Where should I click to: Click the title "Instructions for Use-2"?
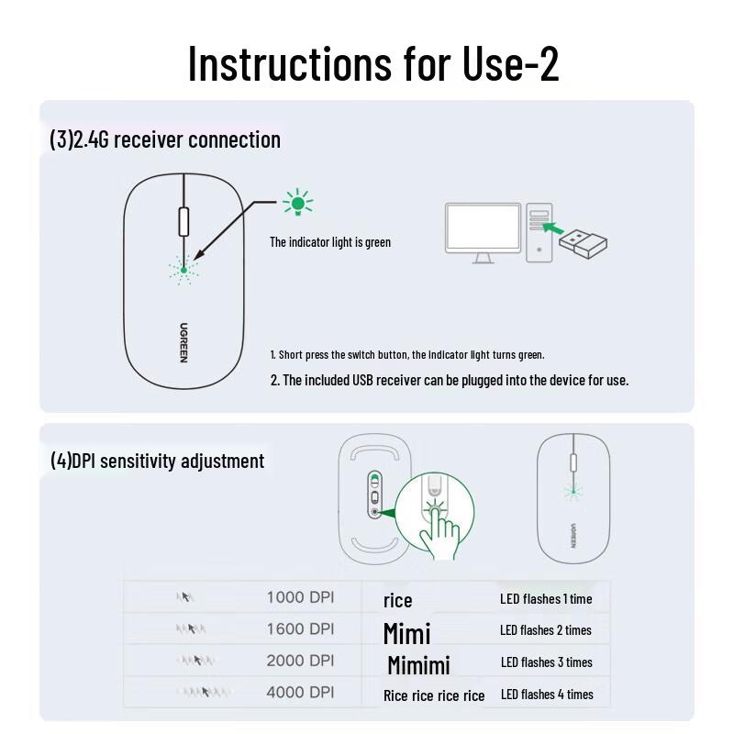click(373, 63)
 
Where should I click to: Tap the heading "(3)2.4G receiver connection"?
click(165, 139)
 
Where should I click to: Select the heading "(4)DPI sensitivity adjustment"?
click(157, 461)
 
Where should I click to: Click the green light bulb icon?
click(297, 203)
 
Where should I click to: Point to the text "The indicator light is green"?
click(329, 242)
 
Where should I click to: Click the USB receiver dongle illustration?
click(584, 241)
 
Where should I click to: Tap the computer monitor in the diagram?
click(483, 230)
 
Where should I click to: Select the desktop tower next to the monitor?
click(542, 233)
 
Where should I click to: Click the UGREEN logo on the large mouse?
click(183, 342)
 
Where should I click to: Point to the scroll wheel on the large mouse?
click(183, 222)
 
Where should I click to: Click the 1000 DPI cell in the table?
click(300, 597)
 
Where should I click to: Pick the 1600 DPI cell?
click(300, 629)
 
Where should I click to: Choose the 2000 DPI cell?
click(300, 661)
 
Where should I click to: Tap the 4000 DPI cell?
click(300, 693)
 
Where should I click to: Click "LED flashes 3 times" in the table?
click(546, 662)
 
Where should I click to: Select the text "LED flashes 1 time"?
click(546, 598)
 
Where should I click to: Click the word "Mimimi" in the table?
click(418, 664)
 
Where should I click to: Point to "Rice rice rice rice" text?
click(434, 695)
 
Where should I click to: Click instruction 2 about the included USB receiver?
click(450, 380)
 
